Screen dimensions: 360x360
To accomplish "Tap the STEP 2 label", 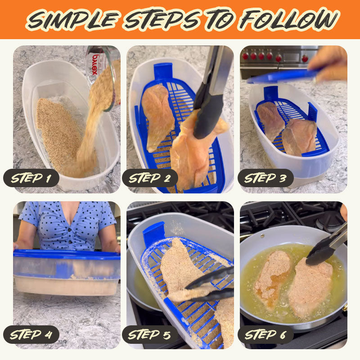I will tap(150, 178).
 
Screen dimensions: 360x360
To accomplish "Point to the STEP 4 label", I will tap(31, 334).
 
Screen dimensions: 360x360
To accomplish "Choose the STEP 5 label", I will tap(150, 334).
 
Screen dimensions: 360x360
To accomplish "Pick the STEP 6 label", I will tap(265, 334).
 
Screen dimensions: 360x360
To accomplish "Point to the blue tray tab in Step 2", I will tap(162, 72).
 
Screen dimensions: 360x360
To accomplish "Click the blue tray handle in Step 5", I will tap(153, 234).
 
